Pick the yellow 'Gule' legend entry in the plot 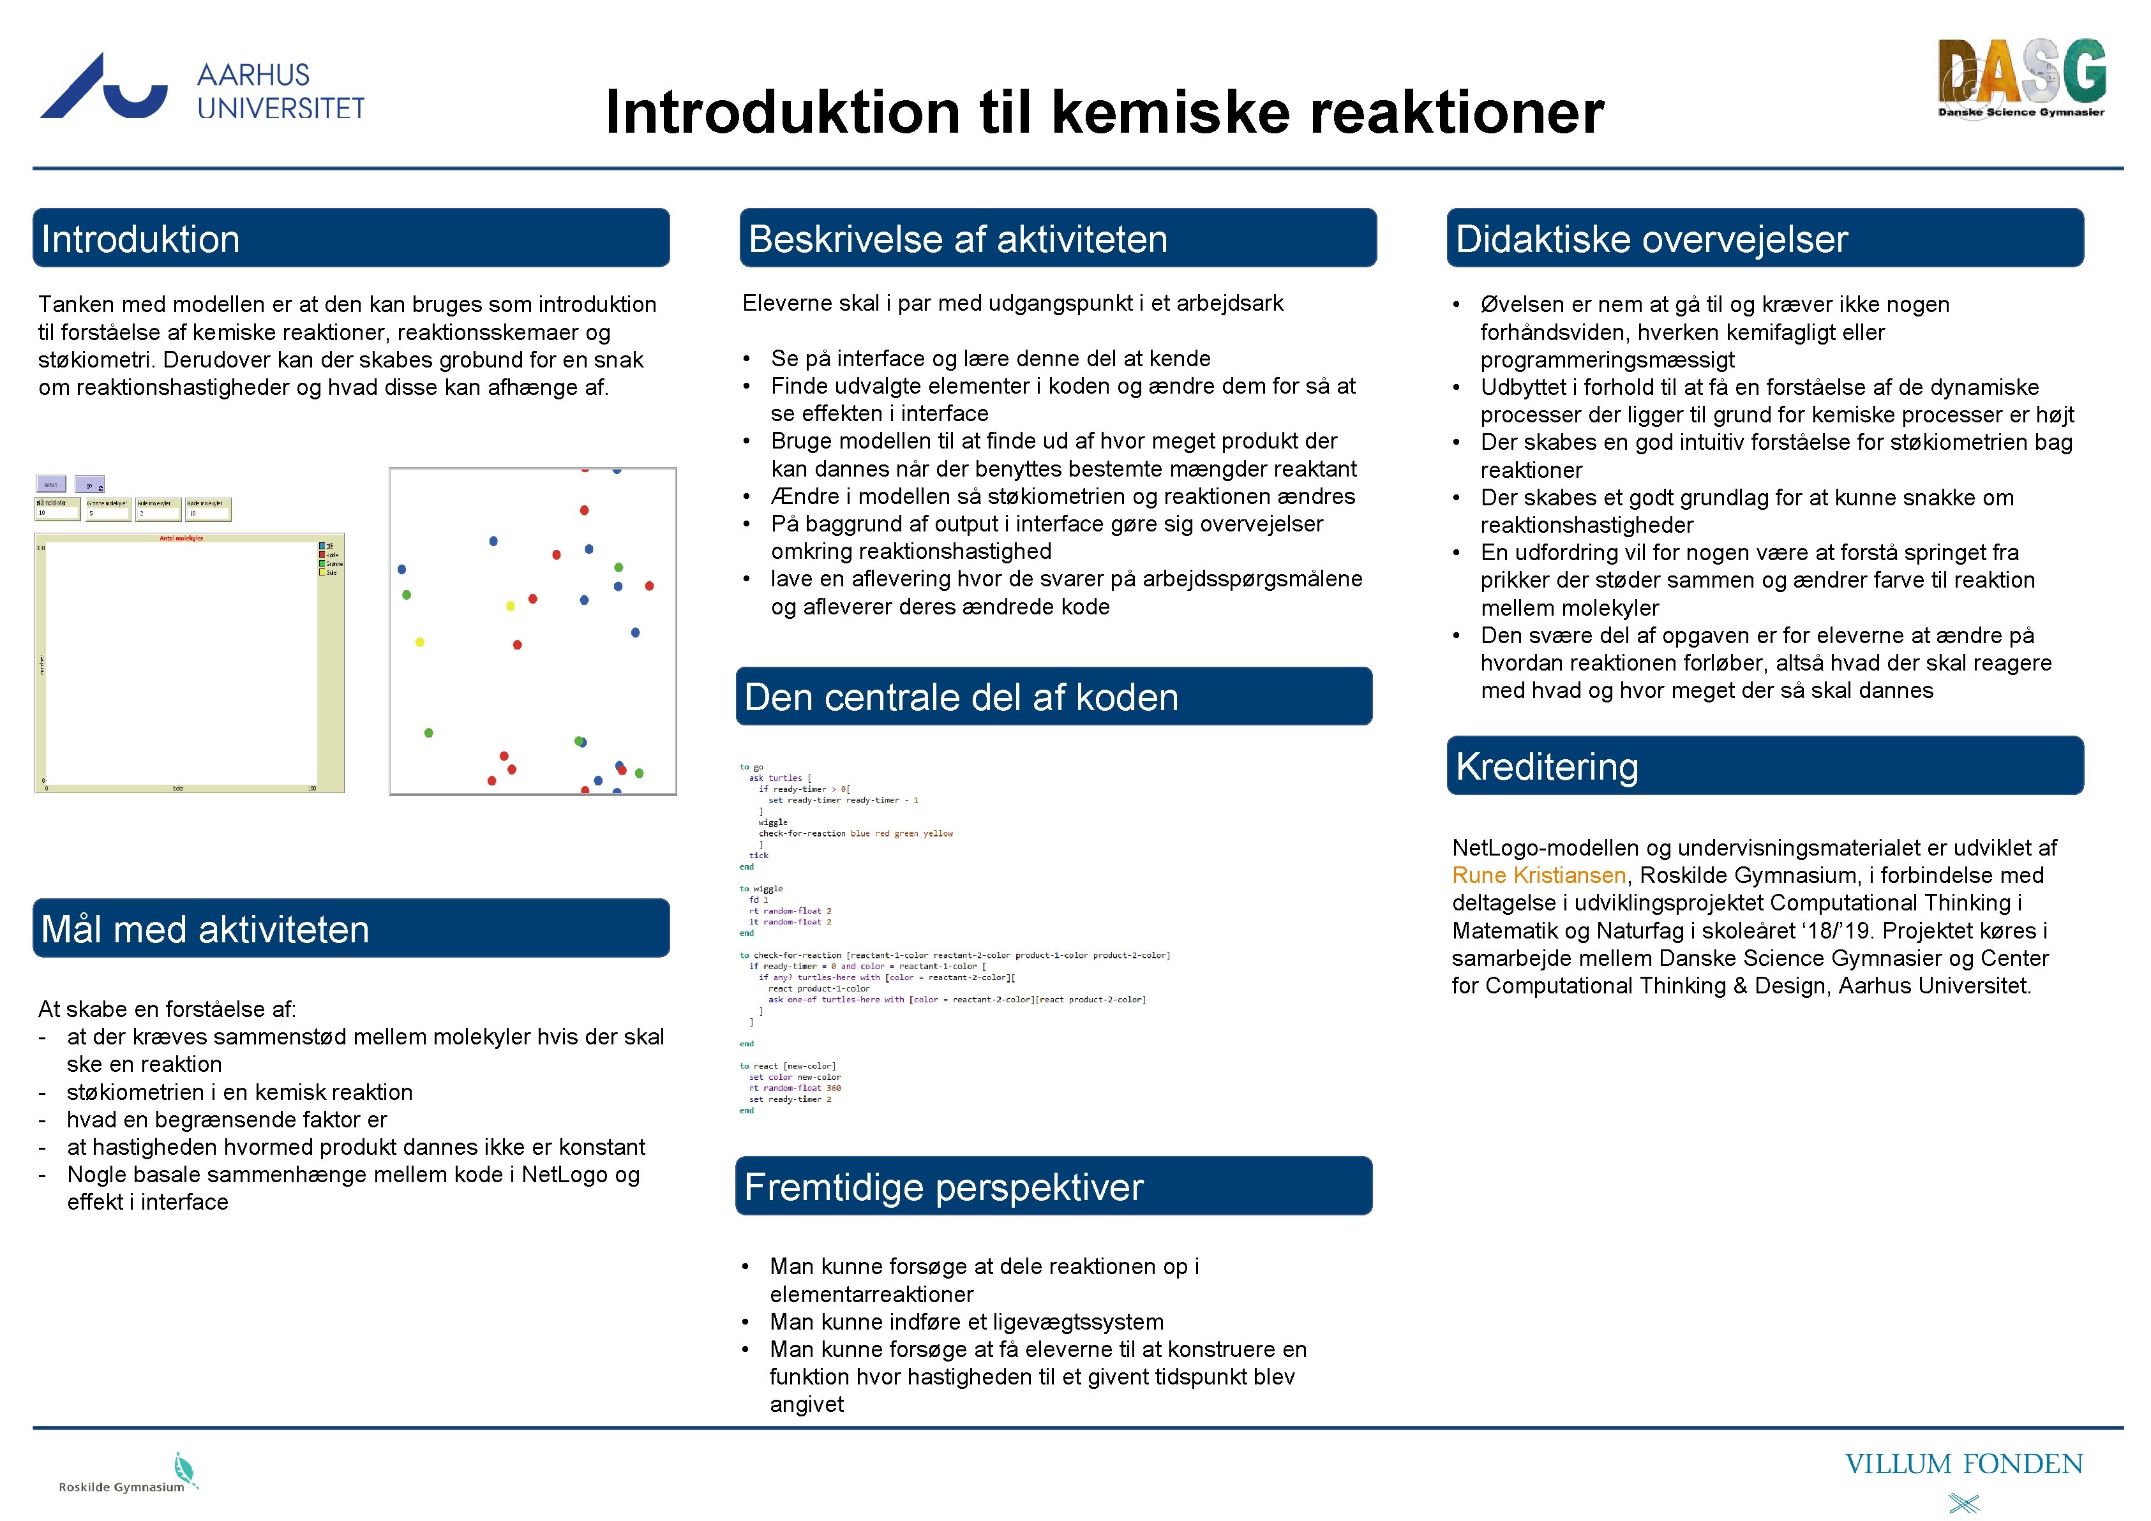tap(331, 572)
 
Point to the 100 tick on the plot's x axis tap(312, 789)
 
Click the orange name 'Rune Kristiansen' tap(1538, 876)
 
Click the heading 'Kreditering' tap(1547, 767)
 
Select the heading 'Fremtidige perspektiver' tap(943, 1187)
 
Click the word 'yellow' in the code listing tap(938, 834)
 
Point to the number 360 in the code tap(834, 1088)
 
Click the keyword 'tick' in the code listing tap(758, 855)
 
